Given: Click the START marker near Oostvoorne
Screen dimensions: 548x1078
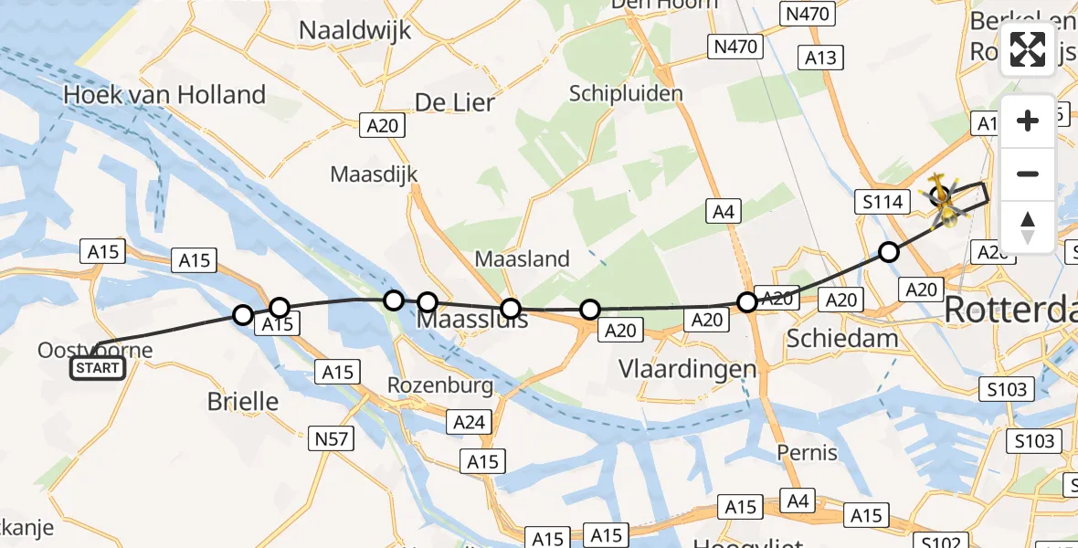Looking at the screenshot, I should click(x=99, y=368).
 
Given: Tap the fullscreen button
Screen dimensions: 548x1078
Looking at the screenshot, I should click(x=1028, y=49).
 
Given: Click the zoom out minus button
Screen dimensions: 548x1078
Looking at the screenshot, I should click(x=1028, y=174).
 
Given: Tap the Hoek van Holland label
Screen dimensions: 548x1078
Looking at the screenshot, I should click(x=164, y=95).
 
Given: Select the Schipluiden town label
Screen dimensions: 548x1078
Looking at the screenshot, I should click(x=626, y=93).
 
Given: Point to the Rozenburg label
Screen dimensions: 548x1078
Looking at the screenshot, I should click(x=440, y=385).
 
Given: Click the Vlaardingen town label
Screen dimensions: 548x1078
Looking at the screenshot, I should click(x=688, y=369).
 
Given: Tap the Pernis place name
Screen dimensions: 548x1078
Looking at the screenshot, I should click(x=807, y=452).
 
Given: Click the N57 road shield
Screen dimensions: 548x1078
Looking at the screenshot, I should click(x=332, y=439).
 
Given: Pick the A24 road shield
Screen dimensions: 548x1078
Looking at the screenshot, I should click(x=470, y=422).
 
